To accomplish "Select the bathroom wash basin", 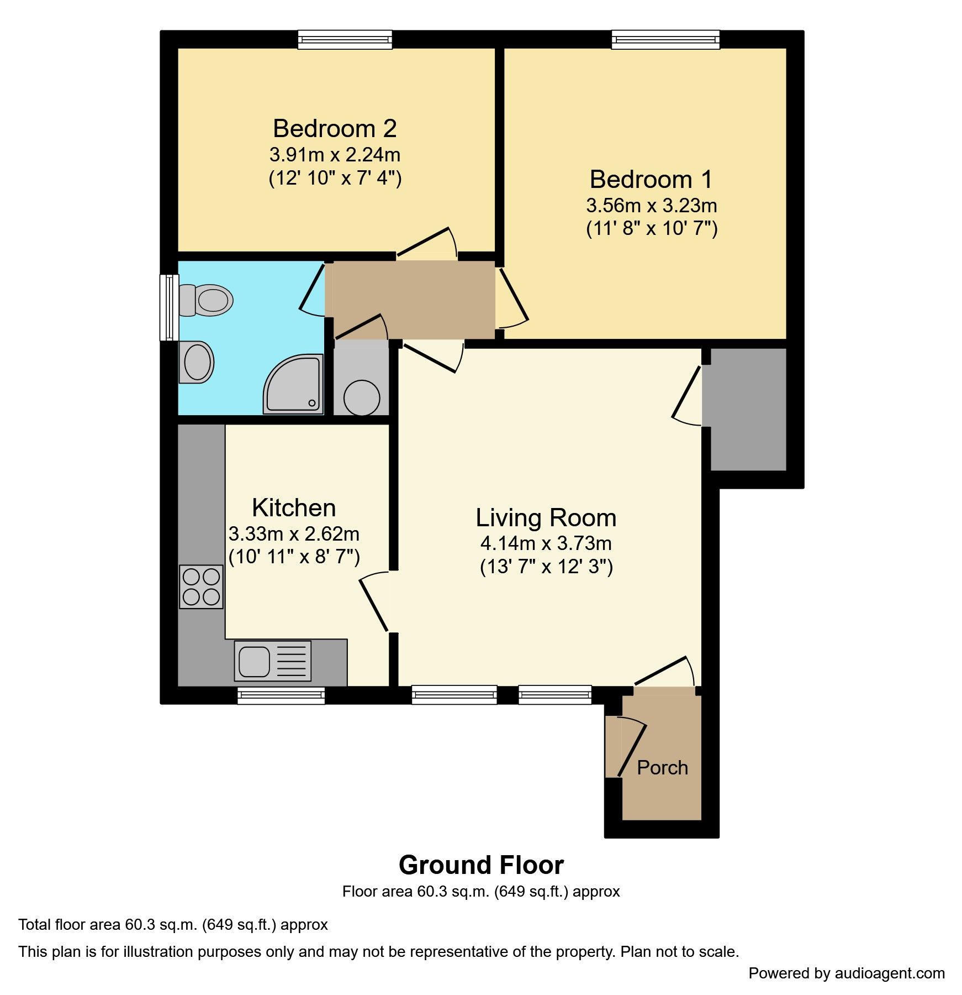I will coord(197,362).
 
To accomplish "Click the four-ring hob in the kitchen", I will coord(202,587).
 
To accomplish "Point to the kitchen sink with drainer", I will coord(273,661).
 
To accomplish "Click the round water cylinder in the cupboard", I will coord(362,397).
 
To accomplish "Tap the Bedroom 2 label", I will coord(335,128).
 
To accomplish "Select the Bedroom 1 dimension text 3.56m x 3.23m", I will coord(651,206).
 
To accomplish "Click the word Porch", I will coord(662,767).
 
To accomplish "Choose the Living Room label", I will coord(546,518).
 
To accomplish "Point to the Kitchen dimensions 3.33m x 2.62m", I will coord(294,534).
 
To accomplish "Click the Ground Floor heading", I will coord(480,865).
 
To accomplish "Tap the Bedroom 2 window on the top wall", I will coord(345,40).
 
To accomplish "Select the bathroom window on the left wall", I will coord(168,307).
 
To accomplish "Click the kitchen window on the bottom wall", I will coord(281,695).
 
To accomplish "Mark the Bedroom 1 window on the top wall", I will coord(665,40).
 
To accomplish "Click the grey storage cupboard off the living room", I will coord(748,409).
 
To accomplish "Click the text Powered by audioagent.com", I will coord(846,973).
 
